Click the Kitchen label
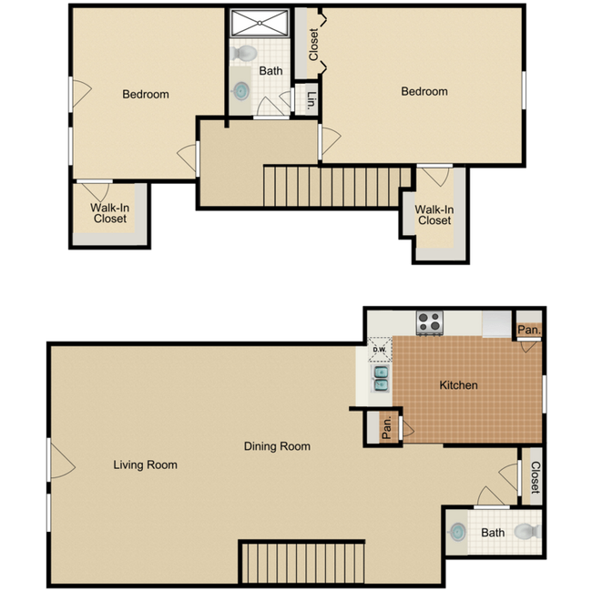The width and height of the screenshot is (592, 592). tap(458, 385)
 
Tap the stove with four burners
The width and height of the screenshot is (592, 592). tap(430, 322)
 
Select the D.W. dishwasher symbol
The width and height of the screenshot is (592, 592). tap(380, 349)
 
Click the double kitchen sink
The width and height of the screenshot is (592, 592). tap(381, 379)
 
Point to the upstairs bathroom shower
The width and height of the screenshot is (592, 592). tap(260, 24)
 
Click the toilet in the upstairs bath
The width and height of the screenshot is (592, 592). tap(243, 53)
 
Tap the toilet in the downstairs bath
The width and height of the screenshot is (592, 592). tap(528, 532)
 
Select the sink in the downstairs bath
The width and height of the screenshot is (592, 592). tap(457, 532)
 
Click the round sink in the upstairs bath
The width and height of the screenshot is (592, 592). tap(240, 90)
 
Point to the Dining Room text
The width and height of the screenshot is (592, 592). tap(277, 446)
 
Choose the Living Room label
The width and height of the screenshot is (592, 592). tap(146, 464)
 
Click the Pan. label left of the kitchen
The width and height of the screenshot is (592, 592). tap(386, 428)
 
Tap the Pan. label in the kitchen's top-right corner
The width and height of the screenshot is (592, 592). tap(529, 330)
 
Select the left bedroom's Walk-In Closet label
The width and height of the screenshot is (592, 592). tap(110, 213)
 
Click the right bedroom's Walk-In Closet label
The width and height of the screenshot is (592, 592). tap(434, 215)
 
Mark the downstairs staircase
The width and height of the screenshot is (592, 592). tap(302, 563)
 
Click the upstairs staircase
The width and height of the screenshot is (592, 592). tap(337, 187)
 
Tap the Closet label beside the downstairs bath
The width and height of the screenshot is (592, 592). tap(535, 477)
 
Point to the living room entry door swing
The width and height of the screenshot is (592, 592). tap(63, 461)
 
